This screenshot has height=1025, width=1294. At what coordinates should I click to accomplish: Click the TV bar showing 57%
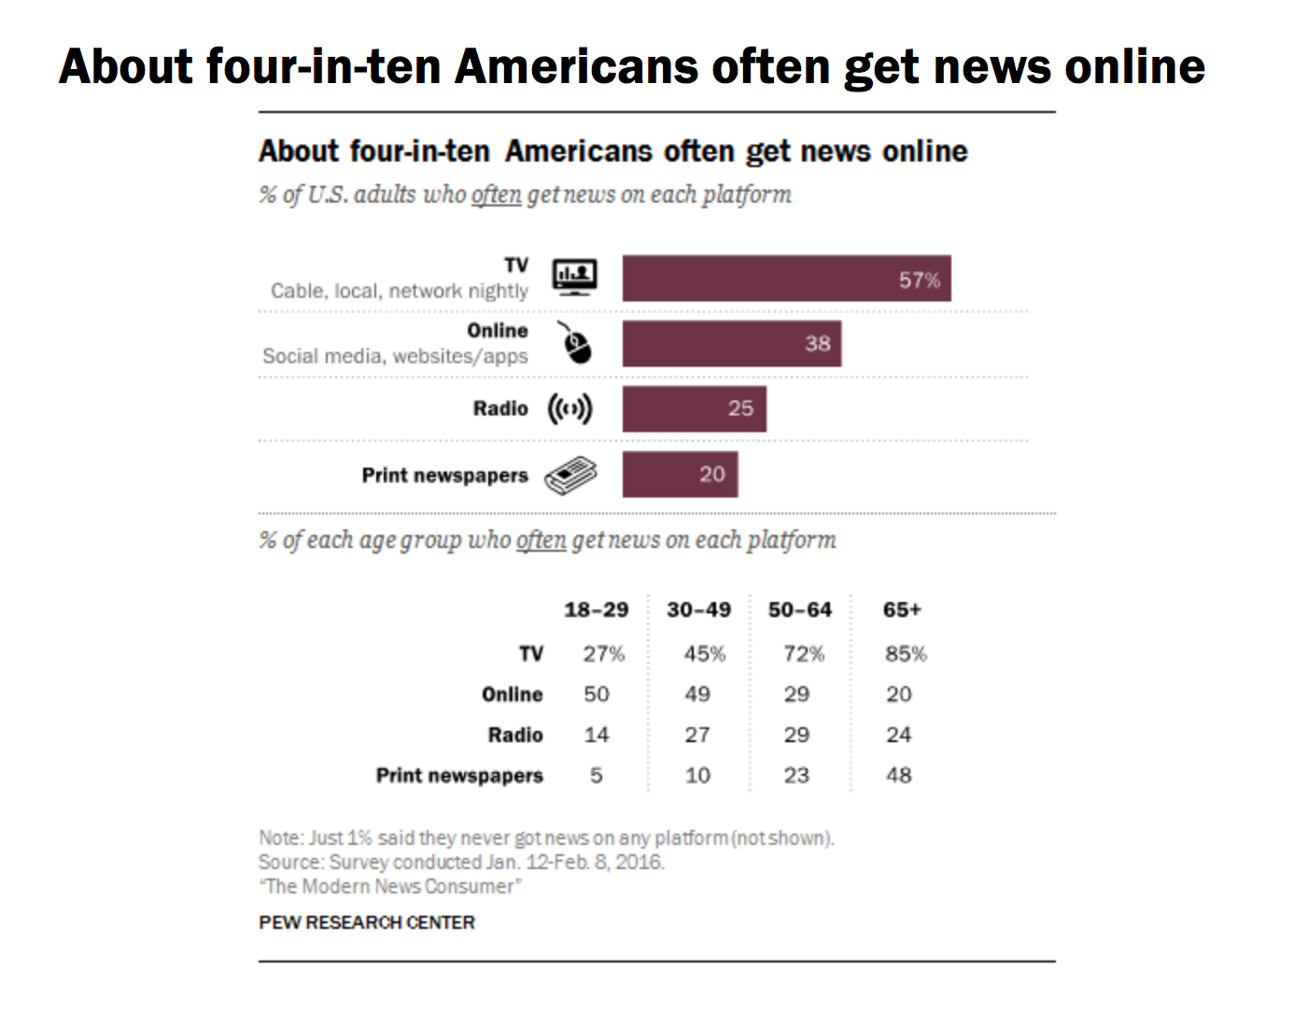pos(786,278)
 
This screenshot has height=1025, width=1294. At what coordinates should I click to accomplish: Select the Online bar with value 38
pos(731,344)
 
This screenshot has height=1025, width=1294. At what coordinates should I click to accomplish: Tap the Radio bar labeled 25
pos(694,409)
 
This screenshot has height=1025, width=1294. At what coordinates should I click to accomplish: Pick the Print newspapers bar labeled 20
pos(680,474)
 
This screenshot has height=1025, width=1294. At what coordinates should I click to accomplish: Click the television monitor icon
pos(574,277)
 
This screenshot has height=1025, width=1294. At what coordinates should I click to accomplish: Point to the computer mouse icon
pos(576,344)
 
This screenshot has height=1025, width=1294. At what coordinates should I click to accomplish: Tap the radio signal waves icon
pos(570,409)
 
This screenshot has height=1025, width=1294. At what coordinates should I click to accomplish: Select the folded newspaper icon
pos(570,475)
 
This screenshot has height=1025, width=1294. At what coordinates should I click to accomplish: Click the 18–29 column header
pos(596,610)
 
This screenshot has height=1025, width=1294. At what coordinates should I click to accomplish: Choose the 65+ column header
pos(902,610)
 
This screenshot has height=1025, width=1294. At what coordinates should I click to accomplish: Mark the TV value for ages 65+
pos(906,653)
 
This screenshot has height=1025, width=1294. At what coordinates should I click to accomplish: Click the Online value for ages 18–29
pos(597,695)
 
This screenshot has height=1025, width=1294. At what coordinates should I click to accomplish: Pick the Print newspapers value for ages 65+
pos(899,775)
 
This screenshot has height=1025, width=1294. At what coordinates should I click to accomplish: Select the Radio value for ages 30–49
pos(697,735)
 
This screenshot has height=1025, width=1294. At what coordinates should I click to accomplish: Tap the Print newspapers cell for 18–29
pos(597,775)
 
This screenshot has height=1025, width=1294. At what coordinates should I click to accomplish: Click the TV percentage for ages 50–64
pos(803,653)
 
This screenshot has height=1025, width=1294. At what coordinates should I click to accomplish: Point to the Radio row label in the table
pos(515,735)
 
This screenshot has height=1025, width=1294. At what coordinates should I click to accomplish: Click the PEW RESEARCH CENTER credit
pos(367,922)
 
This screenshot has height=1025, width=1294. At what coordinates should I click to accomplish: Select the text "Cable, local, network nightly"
pos(400,291)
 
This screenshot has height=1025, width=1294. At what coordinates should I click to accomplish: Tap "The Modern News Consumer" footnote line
pos(390,886)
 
